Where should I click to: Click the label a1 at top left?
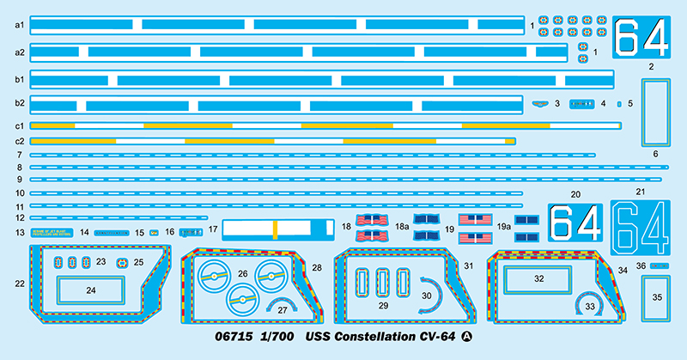coord(19,24)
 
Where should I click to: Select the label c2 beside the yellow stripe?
coord(19,140)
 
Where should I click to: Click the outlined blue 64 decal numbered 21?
coord(641,227)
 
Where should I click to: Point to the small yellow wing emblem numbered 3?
coord(540,104)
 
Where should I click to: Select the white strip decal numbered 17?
coord(278,230)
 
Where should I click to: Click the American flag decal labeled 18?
coord(367,222)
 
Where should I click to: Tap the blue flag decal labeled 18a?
coord(426,221)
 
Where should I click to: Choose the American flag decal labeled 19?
coord(473,221)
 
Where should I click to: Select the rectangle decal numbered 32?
coord(538,279)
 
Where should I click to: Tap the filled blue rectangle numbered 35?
coord(657,297)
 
